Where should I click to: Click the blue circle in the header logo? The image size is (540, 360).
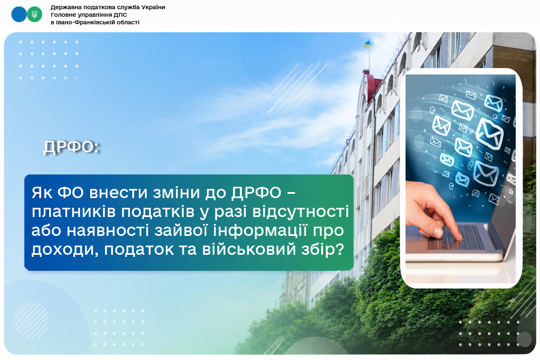click(18, 14)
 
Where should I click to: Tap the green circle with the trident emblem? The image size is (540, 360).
click(35, 14)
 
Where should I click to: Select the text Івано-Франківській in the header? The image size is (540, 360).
click(82, 22)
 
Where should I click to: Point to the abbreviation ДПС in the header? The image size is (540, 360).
click(120, 15)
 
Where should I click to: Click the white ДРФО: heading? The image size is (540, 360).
click(72, 147)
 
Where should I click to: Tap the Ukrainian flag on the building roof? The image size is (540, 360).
click(367, 44)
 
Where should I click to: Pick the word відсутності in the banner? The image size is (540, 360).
click(301, 212)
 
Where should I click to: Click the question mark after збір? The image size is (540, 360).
click(340, 249)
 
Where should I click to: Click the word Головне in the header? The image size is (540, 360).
click(64, 15)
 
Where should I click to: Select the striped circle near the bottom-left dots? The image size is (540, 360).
click(31, 320)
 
